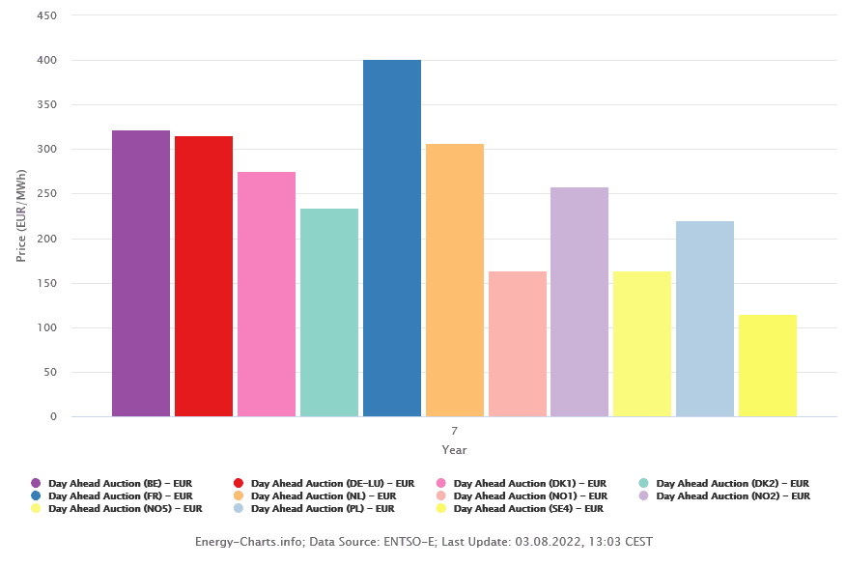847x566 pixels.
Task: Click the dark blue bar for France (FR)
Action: (x=392, y=239)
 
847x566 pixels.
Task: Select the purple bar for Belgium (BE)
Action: (x=141, y=273)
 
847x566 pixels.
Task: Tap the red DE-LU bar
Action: (x=204, y=276)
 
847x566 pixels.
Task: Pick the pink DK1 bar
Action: (x=267, y=295)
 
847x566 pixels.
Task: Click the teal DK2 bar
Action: (x=329, y=313)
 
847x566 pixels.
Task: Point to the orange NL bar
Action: (x=455, y=280)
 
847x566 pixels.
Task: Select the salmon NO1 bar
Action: (x=518, y=344)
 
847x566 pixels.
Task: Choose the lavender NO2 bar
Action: (x=579, y=302)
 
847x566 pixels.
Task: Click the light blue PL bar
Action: (x=705, y=319)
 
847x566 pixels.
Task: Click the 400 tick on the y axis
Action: (x=47, y=61)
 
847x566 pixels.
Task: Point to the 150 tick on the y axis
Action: (x=47, y=283)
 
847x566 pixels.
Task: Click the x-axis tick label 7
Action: (x=454, y=431)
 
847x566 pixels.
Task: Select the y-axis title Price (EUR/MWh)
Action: (x=20, y=216)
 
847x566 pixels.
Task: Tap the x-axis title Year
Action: (x=454, y=450)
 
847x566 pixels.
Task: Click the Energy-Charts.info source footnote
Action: (x=423, y=542)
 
